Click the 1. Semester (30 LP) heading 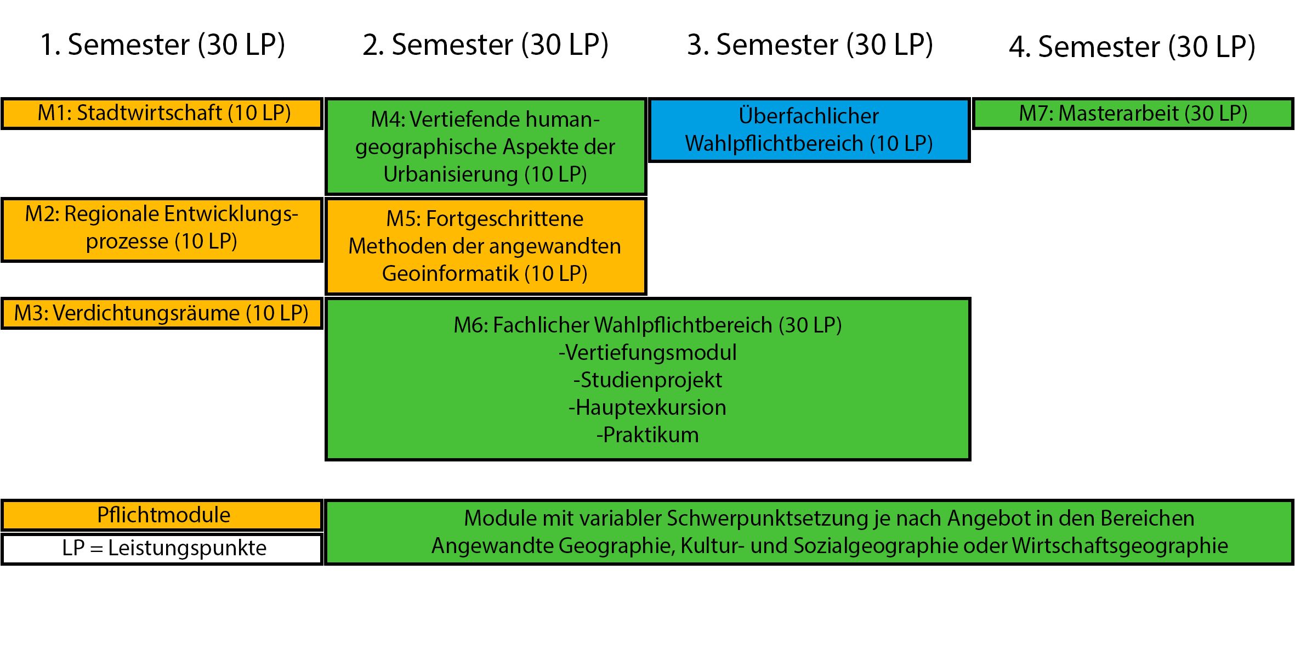point(162,45)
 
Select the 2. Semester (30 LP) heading point(485,45)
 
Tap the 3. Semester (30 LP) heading point(810,45)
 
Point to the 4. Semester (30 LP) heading point(1132,47)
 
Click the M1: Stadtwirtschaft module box point(162,114)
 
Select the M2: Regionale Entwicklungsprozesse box point(162,229)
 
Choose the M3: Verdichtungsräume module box point(162,313)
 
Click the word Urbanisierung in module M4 point(451,174)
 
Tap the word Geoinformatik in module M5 point(450,273)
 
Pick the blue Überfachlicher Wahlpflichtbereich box point(809,130)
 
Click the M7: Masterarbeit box point(1133,114)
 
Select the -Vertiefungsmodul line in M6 point(647,353)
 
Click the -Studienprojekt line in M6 point(647,380)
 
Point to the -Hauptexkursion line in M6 point(647,408)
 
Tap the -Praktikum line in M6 point(647,435)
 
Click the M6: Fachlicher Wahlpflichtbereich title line point(647,325)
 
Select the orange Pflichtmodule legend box point(162,515)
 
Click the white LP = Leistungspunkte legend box point(162,548)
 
